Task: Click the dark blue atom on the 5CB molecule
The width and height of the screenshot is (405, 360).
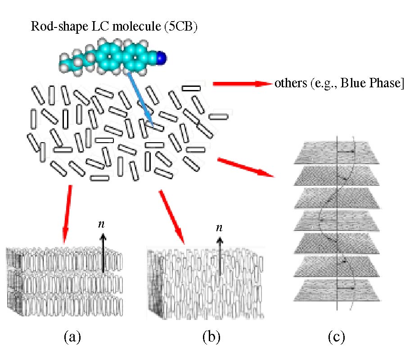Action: point(162,57)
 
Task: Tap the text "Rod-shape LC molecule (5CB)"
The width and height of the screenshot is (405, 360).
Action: point(115,26)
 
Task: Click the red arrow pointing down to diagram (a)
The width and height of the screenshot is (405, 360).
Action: point(67,211)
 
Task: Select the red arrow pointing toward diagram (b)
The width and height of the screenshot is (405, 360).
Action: point(171,216)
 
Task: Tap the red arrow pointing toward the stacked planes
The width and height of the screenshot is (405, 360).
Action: point(245,167)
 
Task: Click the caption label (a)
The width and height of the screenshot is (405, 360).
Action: point(72,336)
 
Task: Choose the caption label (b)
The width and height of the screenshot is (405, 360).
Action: point(211,336)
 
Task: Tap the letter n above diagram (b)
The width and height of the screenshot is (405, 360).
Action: point(219,228)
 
